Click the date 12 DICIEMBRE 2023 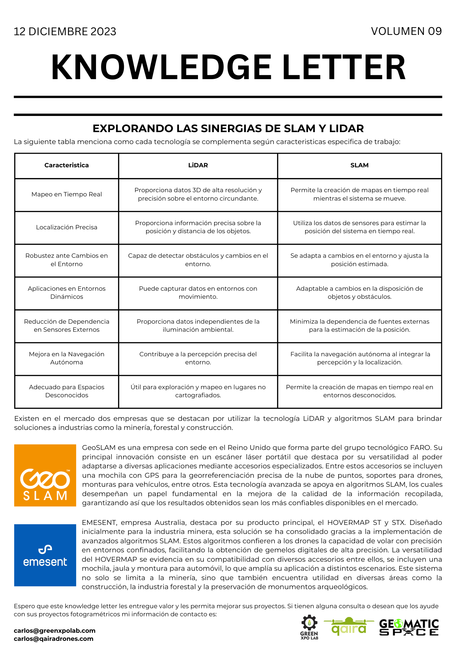pos(65,32)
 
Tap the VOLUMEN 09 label pos(406,31)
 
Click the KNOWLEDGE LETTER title pos(228,67)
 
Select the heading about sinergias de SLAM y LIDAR pos(228,129)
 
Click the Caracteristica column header pos(66,165)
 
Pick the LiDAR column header pos(198,165)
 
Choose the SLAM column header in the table pos(359,165)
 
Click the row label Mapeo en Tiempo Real pos(66,194)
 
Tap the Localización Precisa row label pos(66,227)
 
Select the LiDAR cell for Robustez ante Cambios pos(198,260)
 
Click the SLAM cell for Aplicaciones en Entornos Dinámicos pos(359,293)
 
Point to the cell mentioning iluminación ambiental pos(198,326)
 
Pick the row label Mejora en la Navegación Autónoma pos(66,358)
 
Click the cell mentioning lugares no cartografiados pos(198,391)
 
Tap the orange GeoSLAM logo pos(45,475)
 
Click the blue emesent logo pos(45,555)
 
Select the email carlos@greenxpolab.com pos(55,630)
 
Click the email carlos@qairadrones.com pos(54,639)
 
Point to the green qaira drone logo pos(349,627)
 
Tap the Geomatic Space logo pos(409,627)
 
